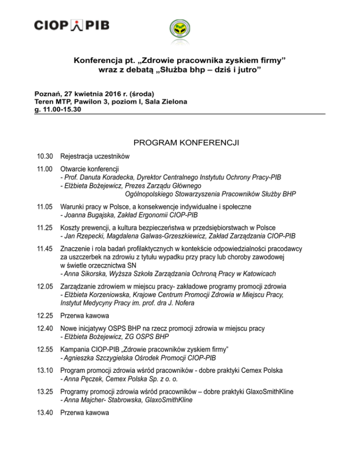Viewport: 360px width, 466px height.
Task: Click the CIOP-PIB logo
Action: (x=72, y=25)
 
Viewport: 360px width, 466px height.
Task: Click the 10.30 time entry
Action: (x=45, y=156)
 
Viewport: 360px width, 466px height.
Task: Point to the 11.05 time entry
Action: (x=45, y=206)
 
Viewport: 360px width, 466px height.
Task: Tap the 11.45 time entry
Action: (x=45, y=248)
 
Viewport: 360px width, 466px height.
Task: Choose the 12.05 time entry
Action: (x=45, y=286)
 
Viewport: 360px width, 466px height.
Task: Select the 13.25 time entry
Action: (x=45, y=391)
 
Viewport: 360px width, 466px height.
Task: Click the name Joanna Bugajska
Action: (x=85, y=215)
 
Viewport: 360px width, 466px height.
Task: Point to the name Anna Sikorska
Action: (x=82, y=273)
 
